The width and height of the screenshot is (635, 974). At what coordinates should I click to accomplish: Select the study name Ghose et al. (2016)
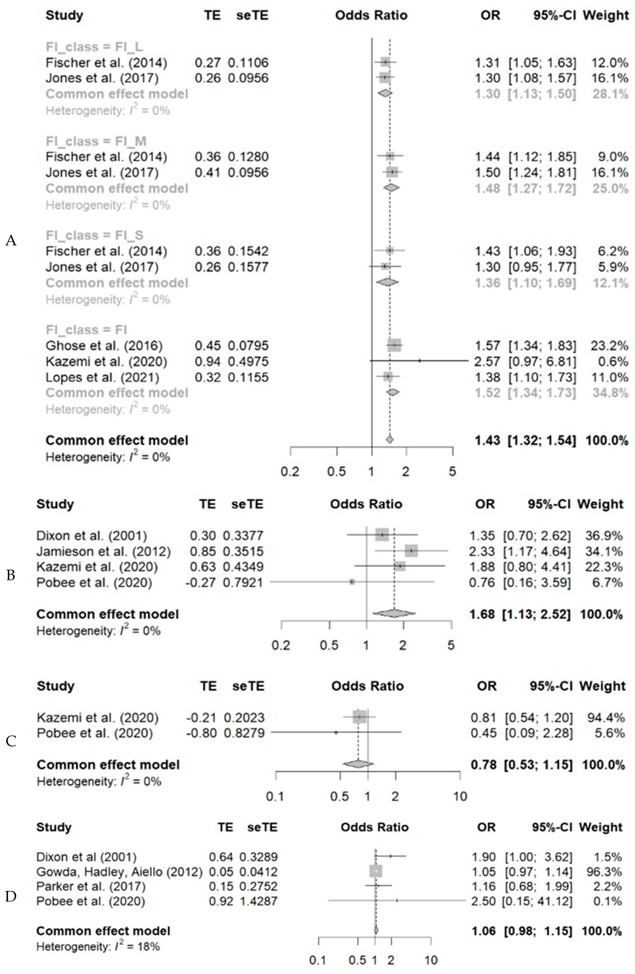tap(104, 346)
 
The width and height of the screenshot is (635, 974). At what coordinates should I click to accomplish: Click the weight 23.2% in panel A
tap(609, 346)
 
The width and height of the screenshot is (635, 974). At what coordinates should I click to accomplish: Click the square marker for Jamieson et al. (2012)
tap(411, 551)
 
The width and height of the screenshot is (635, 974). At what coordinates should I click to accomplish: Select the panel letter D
tap(11, 896)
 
